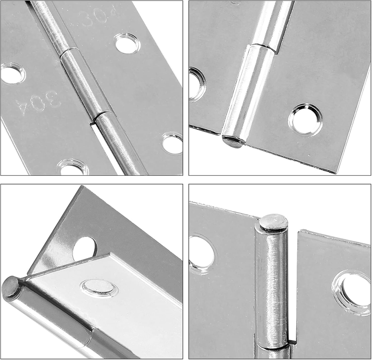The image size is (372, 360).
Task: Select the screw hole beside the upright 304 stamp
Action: tap(127, 43)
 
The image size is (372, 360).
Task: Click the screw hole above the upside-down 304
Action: tap(13, 73)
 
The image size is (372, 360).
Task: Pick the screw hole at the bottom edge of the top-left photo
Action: tap(73, 167)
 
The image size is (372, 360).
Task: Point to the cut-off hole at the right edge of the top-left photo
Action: tap(173, 144)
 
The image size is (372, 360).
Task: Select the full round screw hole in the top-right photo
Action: tap(306, 120)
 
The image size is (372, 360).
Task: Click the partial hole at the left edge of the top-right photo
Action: tap(197, 84)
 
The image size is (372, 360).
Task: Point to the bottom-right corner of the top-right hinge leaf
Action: tap(336, 173)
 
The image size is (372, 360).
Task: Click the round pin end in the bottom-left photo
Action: tap(10, 287)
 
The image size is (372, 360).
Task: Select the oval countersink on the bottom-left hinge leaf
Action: tap(100, 288)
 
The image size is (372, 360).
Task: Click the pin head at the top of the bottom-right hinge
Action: tap(273, 222)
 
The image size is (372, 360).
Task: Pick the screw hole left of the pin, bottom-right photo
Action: tap(202, 254)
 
